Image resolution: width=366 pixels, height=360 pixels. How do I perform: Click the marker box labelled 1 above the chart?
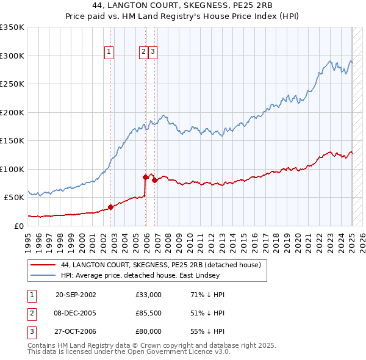tap(109, 52)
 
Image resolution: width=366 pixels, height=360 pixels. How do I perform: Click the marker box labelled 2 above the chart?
tap(144, 52)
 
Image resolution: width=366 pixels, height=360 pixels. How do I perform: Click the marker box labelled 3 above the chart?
tap(152, 52)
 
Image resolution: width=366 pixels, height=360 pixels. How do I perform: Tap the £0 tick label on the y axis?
tap(20, 226)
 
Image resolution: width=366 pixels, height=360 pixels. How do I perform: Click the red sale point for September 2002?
tap(111, 207)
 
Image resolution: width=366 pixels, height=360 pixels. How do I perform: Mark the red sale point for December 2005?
tap(146, 177)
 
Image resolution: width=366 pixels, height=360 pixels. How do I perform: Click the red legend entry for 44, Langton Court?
tap(161, 265)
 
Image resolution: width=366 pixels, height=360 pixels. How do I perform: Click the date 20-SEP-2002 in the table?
tap(76, 295)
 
